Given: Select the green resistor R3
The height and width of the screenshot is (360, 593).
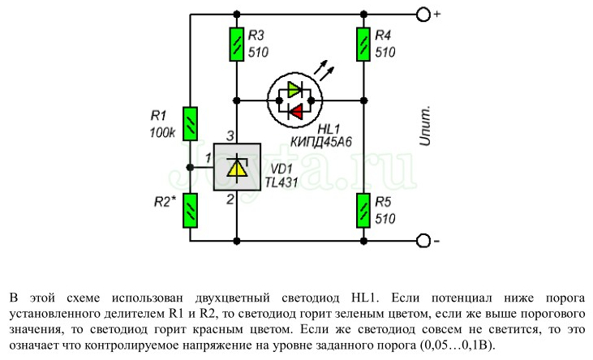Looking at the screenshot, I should [237, 44].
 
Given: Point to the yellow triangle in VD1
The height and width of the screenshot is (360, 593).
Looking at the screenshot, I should [236, 168].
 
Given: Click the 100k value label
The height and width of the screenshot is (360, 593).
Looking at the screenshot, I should [162, 132].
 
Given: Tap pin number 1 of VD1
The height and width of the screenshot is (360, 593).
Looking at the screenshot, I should [208, 157].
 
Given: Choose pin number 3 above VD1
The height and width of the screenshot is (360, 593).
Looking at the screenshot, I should [230, 135].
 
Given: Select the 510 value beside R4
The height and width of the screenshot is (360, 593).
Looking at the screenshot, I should [385, 53].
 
